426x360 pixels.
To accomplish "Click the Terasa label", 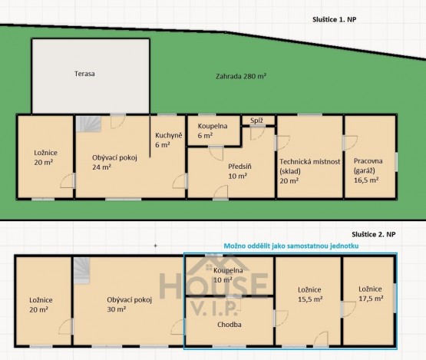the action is pyautogui.click(x=84, y=74).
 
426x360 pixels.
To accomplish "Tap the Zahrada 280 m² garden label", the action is pyautogui.click(x=241, y=76).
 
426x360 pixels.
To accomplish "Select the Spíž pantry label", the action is pyautogui.click(x=256, y=121).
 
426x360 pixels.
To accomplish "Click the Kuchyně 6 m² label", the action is pyautogui.click(x=168, y=140).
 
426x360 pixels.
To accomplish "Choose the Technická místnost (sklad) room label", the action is pyautogui.click(x=310, y=171).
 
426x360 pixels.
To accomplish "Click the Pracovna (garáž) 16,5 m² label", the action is pyautogui.click(x=368, y=170).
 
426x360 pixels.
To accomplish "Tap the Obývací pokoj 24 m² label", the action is pyautogui.click(x=114, y=162).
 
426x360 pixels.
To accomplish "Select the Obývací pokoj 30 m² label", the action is pyautogui.click(x=129, y=304).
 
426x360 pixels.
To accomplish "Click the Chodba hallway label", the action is pyautogui.click(x=230, y=325).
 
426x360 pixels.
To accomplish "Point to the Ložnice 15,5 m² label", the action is pyautogui.click(x=310, y=294).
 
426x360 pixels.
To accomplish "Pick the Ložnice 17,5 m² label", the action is pyautogui.click(x=371, y=294).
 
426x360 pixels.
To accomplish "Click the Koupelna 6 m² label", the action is pyautogui.click(x=213, y=130).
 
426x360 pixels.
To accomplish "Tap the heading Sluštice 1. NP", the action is pyautogui.click(x=334, y=19).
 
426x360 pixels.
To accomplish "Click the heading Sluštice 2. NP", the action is pyautogui.click(x=374, y=234).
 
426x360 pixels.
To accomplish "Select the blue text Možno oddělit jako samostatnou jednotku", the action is pyautogui.click(x=291, y=246).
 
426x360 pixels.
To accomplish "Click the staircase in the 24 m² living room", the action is pyautogui.click(x=88, y=124).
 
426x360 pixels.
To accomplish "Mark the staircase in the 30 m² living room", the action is pyautogui.click(x=82, y=271).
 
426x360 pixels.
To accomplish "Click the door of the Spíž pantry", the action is pyautogui.click(x=257, y=133).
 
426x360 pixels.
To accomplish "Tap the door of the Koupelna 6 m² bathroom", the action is pyautogui.click(x=216, y=154).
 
